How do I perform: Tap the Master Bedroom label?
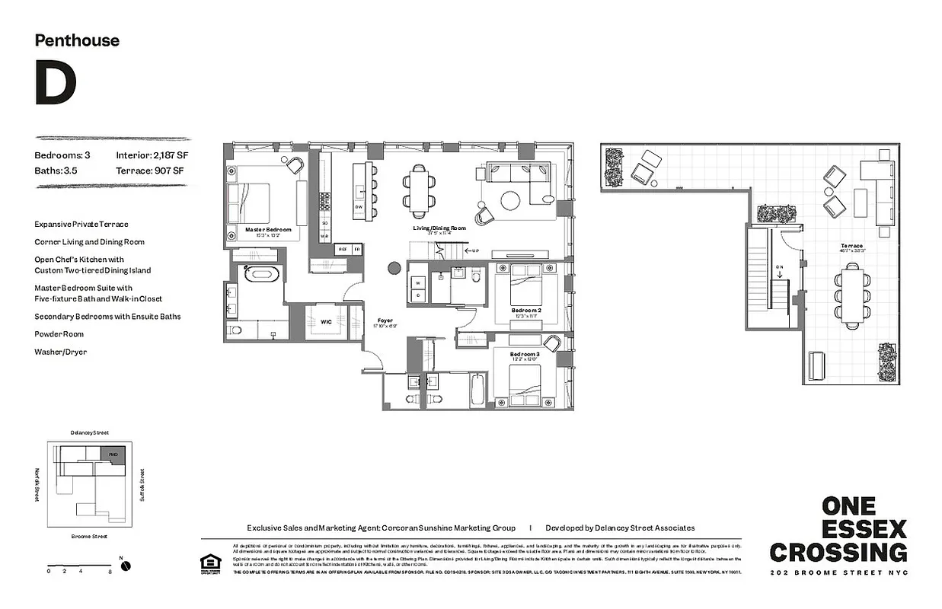coord(267,229)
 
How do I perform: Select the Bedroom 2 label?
coord(526,311)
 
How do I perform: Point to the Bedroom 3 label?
coord(525,354)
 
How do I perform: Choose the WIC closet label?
coord(326,322)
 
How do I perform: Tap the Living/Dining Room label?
coord(439,228)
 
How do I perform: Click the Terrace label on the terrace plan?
coord(851,246)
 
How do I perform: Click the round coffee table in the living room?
coord(509,200)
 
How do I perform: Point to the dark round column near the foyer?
coord(394,268)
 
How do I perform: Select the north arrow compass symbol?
coord(126,565)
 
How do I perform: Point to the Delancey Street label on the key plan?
coord(89,432)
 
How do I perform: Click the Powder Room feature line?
coord(59,334)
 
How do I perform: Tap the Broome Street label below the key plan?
coord(88,536)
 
